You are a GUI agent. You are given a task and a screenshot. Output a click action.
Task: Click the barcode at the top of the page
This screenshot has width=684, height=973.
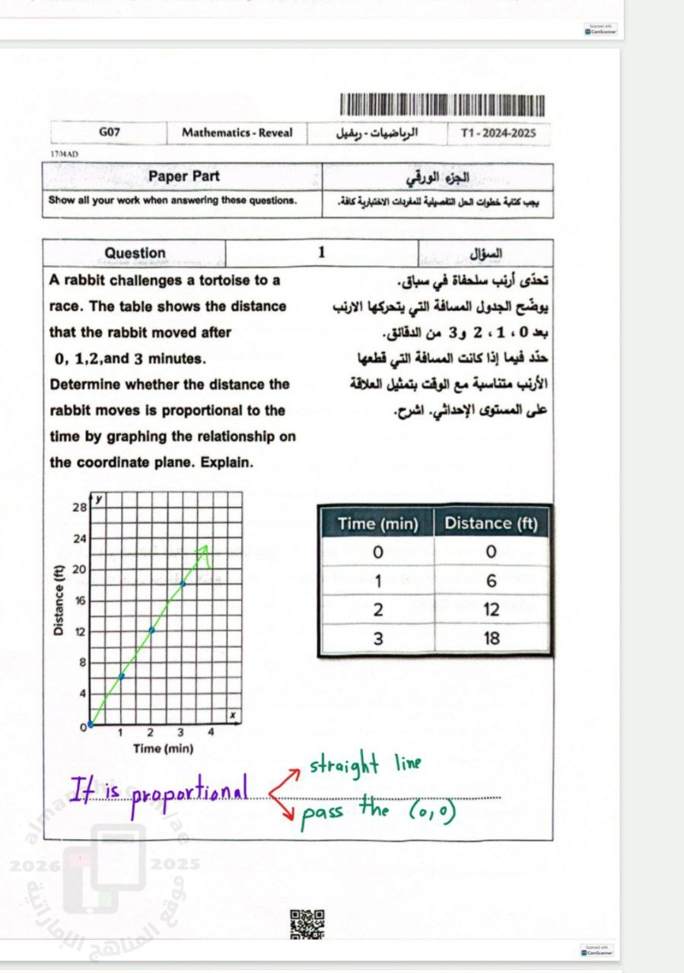tap(443, 105)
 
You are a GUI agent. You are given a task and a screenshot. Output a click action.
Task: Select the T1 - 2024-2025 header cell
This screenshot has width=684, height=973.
tap(498, 133)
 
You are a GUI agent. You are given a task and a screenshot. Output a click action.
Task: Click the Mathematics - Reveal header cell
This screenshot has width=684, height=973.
tap(237, 132)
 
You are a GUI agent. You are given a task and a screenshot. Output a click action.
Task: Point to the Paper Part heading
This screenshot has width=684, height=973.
tap(183, 176)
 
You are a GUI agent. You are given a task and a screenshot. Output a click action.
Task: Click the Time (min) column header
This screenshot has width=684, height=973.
tap(378, 523)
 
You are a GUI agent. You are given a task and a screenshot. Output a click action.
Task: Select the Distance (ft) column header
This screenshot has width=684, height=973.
tap(491, 523)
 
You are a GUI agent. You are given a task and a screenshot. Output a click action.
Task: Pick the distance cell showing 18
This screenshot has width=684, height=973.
tap(492, 639)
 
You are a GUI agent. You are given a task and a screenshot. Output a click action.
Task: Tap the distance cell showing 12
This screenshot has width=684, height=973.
tap(492, 610)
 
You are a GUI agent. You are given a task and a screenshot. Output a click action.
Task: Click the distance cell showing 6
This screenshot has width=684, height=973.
tap(492, 581)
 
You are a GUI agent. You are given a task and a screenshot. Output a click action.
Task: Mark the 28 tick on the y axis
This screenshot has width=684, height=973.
tap(79, 507)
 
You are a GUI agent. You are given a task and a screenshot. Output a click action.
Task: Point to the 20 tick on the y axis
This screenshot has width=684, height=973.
tap(79, 569)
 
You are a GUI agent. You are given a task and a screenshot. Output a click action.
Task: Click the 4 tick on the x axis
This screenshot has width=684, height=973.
tap(212, 733)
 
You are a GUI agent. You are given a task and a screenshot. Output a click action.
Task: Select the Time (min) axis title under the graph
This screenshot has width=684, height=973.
tap(163, 749)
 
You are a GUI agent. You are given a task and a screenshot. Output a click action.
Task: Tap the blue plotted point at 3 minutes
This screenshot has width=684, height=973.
tap(182, 584)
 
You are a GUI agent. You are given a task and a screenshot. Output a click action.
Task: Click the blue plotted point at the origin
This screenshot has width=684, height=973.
tap(91, 724)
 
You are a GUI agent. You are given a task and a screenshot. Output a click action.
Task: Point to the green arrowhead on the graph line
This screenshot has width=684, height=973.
tap(203, 549)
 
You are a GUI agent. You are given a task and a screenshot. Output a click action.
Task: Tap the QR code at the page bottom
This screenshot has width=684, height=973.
tap(307, 924)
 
